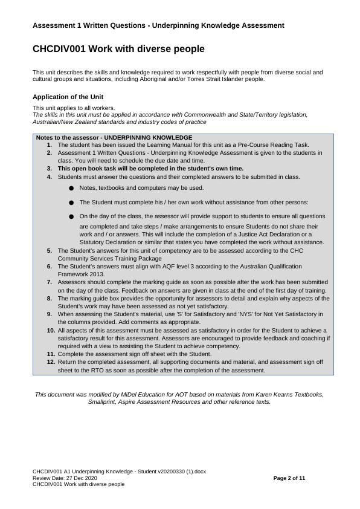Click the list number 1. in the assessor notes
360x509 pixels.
pyautogui.click(x=49, y=145)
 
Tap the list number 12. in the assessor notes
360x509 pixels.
pyautogui.click(x=51, y=361)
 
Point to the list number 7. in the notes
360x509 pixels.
pyautogui.click(x=49, y=282)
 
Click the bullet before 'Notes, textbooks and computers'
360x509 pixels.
pyautogui.click(x=71, y=188)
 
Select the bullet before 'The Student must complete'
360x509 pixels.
pyautogui.click(x=71, y=203)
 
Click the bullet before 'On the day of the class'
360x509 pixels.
pyautogui.click(x=71, y=216)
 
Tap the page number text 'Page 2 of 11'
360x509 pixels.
pyautogui.click(x=289, y=478)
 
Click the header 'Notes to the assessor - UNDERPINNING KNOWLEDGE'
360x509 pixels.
pyautogui.click(x=114, y=138)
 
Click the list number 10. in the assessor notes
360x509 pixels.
pyautogui.click(x=51, y=331)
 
